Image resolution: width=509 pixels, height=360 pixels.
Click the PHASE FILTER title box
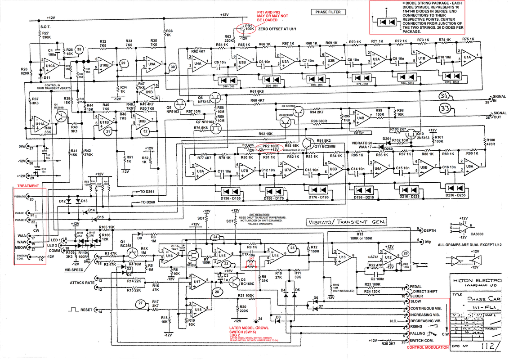tap(329, 12)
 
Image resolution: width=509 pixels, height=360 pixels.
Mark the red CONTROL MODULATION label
tap(427, 347)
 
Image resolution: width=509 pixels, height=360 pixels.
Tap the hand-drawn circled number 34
tap(445, 96)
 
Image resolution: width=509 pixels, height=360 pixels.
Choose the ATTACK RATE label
tap(82, 283)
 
